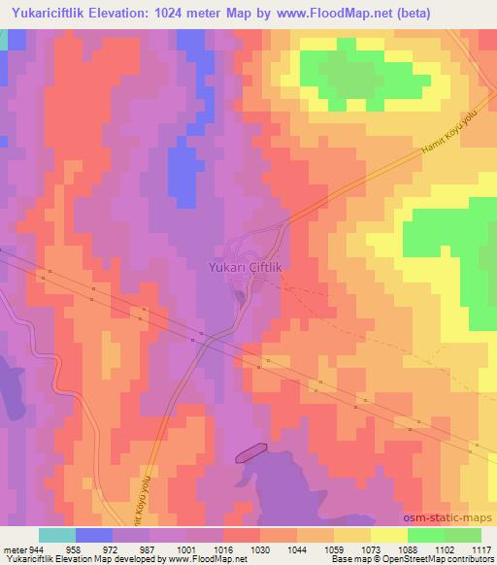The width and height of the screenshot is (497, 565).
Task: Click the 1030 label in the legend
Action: click(x=259, y=548)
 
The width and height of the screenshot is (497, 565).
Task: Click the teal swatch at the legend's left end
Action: click(x=57, y=535)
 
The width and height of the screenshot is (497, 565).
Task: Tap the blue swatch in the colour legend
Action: click(x=95, y=535)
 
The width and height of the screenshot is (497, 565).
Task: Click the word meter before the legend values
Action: click(x=16, y=548)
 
